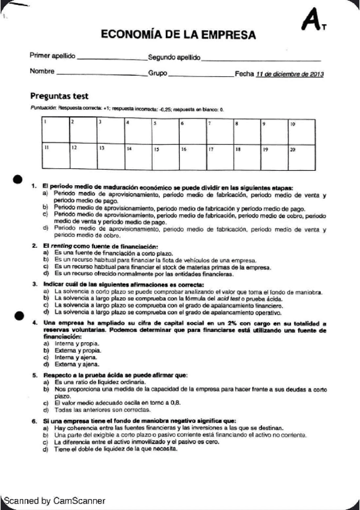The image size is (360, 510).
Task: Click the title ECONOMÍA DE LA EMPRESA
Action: pyautogui.click(x=178, y=35)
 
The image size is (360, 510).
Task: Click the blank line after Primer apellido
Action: pyautogui.click(x=112, y=59)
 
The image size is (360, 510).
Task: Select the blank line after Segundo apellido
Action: pyautogui.click(x=261, y=59)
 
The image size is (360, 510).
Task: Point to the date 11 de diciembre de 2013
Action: pyautogui.click(x=290, y=74)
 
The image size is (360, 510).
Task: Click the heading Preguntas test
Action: pyautogui.click(x=59, y=96)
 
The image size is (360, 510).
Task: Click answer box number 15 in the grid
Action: pyautogui.click(x=164, y=155)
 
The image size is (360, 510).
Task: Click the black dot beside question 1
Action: pyautogui.click(x=18, y=180)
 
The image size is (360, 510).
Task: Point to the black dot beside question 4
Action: pyautogui.click(x=19, y=315)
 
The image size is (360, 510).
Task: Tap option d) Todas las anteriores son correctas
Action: pyautogui.click(x=90, y=409)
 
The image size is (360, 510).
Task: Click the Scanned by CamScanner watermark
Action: pyautogui.click(x=54, y=500)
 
